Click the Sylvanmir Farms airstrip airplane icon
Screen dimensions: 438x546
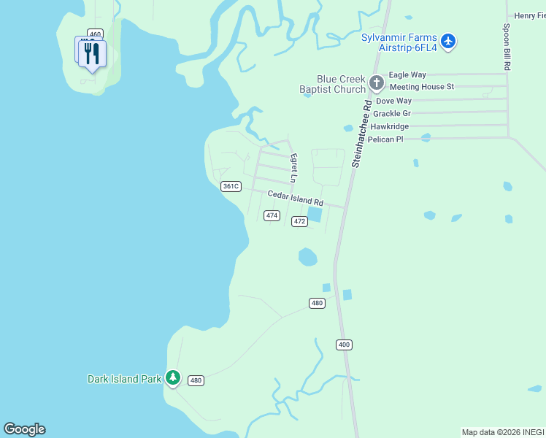[x=448, y=42]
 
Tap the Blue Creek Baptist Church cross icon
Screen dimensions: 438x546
[x=376, y=82]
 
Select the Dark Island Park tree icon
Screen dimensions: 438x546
[x=173, y=378]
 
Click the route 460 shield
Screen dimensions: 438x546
[x=94, y=34]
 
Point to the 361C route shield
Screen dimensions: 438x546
[x=231, y=186]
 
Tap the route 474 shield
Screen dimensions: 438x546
[x=272, y=215]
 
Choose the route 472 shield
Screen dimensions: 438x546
[x=299, y=221]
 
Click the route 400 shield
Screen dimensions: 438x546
[x=345, y=344]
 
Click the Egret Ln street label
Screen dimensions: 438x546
[x=294, y=168]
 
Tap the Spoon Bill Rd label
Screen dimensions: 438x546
[x=507, y=47]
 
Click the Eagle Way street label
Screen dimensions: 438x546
[x=407, y=74]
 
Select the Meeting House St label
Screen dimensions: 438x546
[x=421, y=86]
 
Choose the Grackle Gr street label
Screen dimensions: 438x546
[x=392, y=113]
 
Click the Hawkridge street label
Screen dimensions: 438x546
[x=388, y=126]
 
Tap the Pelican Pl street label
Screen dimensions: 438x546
[x=385, y=139]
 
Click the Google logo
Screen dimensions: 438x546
[x=25, y=429]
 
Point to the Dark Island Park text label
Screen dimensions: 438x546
[x=124, y=379]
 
